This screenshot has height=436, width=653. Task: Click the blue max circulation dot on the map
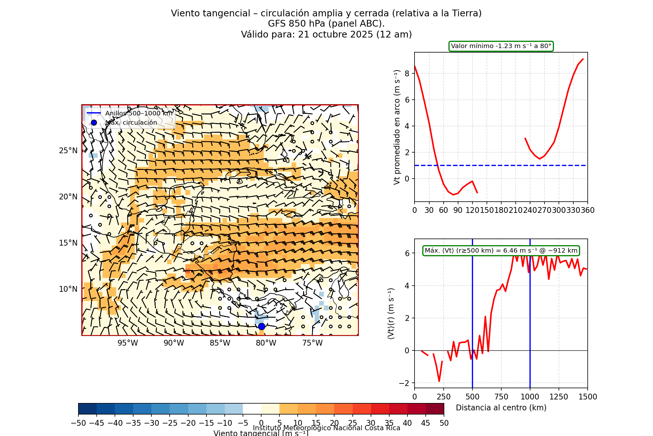point(262,326)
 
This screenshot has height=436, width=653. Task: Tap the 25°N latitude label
point(68,151)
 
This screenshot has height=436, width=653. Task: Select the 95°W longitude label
point(128,343)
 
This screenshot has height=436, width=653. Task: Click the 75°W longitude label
point(312,343)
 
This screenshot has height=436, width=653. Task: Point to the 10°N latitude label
point(68,289)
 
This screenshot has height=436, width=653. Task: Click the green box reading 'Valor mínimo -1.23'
point(501,46)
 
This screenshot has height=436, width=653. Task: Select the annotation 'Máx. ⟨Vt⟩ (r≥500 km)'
point(501,251)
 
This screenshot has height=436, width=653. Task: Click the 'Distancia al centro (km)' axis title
point(501,408)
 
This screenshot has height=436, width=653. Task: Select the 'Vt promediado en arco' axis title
point(397,127)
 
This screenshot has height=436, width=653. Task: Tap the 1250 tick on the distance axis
point(559,397)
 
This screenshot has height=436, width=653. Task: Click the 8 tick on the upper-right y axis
point(407,73)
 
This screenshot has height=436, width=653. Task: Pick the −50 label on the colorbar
point(78,423)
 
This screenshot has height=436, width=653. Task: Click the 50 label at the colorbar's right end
point(444,423)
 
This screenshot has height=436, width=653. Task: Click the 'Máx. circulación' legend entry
point(131,123)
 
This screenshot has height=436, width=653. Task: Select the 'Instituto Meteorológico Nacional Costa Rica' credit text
point(326,428)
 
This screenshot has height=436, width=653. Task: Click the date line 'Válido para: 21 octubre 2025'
point(326,34)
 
